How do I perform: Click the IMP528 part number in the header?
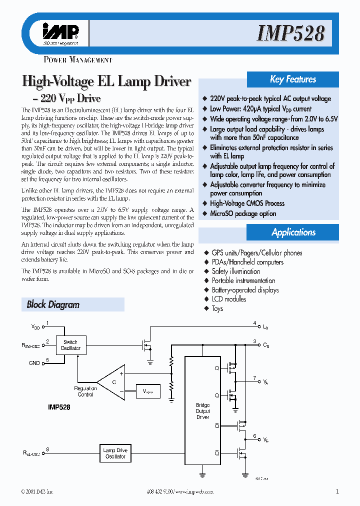point(291,33)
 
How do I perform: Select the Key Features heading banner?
point(293,79)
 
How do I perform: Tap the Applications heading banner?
point(293,232)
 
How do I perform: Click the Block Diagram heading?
point(53,304)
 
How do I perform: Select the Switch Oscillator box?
point(70,345)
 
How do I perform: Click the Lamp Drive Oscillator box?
point(115,453)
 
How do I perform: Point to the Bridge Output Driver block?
point(202,411)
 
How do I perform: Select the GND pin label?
point(34,363)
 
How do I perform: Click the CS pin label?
point(266,345)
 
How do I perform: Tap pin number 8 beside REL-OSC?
point(47,450)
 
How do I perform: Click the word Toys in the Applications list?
point(217,308)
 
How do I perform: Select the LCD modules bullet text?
point(228,299)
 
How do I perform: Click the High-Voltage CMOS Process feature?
point(247,203)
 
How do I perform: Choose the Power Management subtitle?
point(78,60)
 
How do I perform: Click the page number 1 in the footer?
point(337,491)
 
